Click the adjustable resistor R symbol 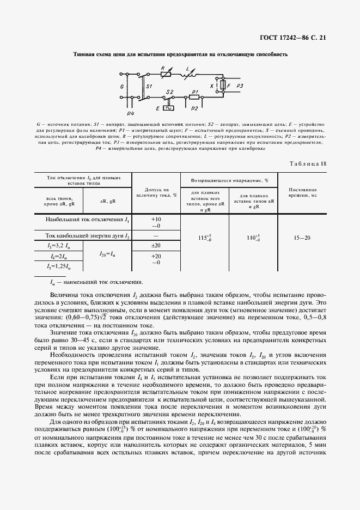click(x=166, y=74)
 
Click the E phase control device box click(x=168, y=108)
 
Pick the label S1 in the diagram click(x=149, y=86)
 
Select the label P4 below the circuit click(x=130, y=113)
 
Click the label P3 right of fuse click(x=240, y=86)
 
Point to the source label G click(x=122, y=86)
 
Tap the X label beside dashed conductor click(x=211, y=86)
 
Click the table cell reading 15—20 click(x=302, y=238)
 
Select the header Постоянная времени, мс click(x=302, y=193)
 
